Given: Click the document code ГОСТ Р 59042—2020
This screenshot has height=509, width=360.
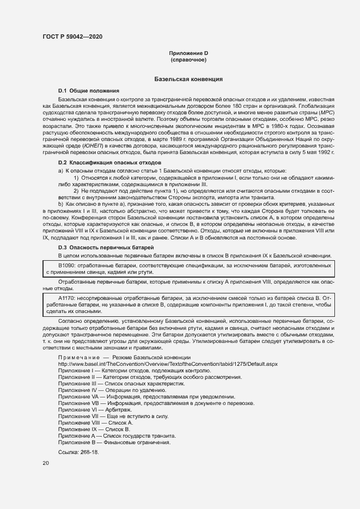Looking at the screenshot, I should coord(72,36).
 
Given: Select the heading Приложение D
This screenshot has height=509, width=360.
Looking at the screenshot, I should coord(188,53).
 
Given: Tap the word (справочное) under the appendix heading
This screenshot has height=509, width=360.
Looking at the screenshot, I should coord(188,59).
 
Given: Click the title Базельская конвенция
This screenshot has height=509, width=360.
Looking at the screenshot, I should coord(188,79).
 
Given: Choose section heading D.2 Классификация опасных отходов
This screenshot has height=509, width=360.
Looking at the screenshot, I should coord(109,163).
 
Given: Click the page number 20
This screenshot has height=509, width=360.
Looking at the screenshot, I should coord(46,463).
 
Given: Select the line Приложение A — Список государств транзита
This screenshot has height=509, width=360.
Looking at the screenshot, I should coord(117,436).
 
